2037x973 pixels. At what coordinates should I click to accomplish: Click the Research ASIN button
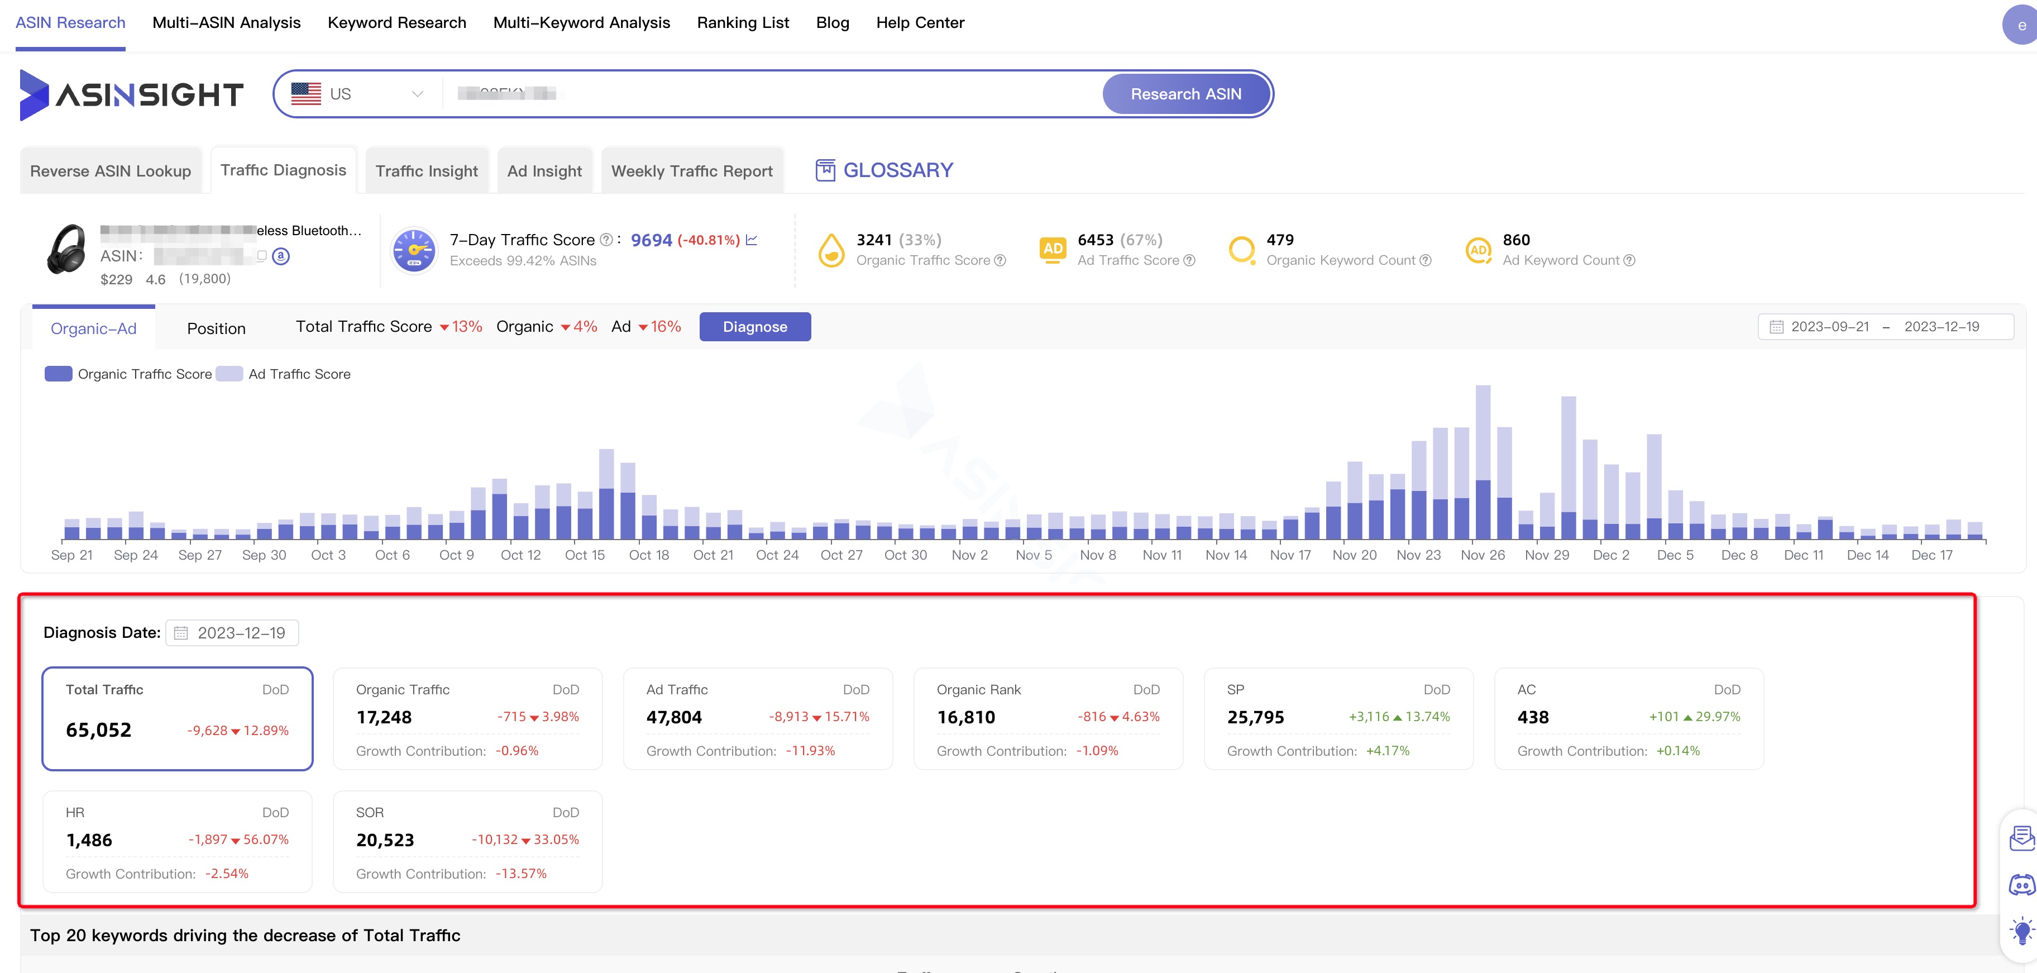coord(1185,94)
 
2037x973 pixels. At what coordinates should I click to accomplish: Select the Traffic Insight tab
coord(426,171)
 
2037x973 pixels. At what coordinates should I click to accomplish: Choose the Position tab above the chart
coord(216,328)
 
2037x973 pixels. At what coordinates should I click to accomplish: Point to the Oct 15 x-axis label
coord(585,555)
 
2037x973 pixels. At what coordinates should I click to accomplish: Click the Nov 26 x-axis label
coord(1482,555)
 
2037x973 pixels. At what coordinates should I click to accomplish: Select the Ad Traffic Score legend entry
coord(298,374)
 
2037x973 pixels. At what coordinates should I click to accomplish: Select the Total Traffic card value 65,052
coord(99,729)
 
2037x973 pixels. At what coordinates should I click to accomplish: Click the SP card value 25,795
coord(1255,718)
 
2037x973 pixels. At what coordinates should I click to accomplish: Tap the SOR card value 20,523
coord(384,840)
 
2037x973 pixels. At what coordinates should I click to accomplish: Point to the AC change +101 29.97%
coord(1694,717)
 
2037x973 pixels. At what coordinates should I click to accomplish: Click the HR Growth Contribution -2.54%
coord(226,874)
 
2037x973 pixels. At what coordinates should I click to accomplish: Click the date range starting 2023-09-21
coord(1829,327)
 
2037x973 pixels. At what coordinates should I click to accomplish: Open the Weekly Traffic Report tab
coord(691,171)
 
